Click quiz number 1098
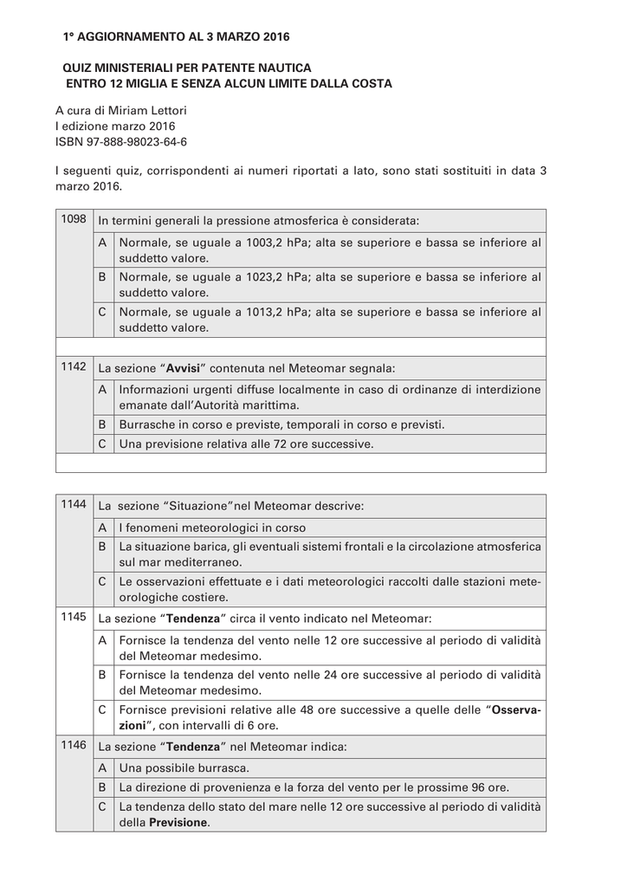point(74,219)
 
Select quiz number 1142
point(74,366)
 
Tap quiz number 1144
point(74,503)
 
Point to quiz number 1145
point(74,618)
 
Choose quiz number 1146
point(74,745)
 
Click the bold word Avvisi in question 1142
point(184,368)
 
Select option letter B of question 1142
point(102,424)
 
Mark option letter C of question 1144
point(102,582)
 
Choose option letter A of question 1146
point(102,767)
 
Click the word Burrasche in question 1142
point(148,425)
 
